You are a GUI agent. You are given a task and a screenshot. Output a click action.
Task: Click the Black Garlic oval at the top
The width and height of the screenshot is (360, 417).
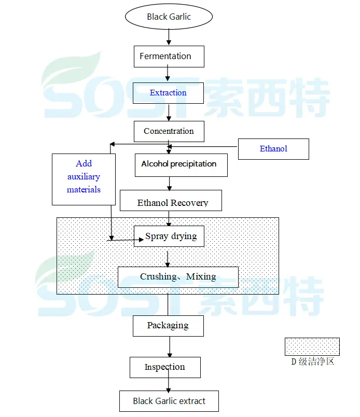169,17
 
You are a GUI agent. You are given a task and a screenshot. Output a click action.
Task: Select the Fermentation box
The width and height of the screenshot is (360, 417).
169,57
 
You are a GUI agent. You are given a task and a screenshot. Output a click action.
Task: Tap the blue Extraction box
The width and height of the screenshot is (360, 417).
169,93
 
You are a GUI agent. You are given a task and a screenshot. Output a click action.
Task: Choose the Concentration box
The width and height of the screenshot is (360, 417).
169,131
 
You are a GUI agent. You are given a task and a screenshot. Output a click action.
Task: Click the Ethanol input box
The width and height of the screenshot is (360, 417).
273,149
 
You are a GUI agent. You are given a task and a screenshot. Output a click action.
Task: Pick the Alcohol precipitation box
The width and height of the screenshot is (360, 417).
181,164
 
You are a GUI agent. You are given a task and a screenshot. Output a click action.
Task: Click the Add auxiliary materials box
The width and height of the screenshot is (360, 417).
84,178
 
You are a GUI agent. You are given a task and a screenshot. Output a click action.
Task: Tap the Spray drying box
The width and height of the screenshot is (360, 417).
169,237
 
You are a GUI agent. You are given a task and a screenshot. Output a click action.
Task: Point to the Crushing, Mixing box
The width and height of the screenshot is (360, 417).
178,277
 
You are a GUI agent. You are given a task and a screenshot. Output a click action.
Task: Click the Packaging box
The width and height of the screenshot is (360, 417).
168,326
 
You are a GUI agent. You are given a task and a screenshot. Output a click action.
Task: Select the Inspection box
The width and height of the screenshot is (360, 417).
164,367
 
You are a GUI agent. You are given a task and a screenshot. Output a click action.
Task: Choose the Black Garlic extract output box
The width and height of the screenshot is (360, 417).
169,401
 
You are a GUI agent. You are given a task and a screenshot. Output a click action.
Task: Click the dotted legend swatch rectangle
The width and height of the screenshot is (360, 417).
312,346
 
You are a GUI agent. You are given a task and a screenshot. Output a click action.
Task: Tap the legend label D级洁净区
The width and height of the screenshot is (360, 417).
312,362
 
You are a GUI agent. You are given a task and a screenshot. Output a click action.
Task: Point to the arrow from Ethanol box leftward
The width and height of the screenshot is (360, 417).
202,146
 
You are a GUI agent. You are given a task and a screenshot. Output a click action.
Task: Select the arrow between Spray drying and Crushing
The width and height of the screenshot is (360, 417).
168,257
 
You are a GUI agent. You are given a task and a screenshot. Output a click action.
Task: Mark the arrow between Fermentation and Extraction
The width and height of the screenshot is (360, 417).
169,75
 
